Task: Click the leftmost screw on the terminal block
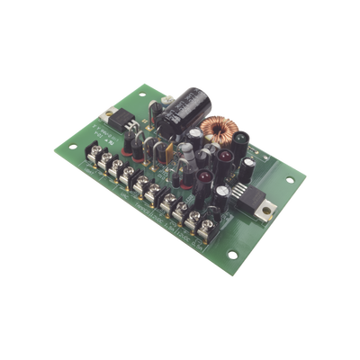tap(100, 157)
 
